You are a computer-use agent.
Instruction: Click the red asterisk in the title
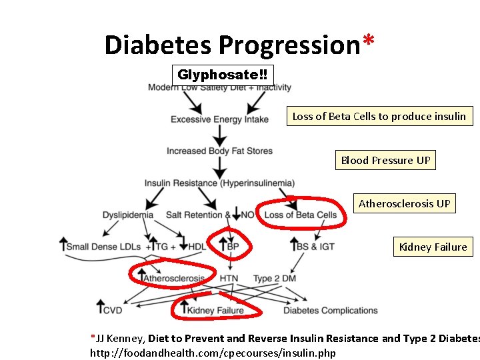368,41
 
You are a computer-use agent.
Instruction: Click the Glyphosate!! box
222,75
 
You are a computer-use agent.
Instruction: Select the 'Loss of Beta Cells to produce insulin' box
379,116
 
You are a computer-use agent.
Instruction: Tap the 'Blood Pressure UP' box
385,160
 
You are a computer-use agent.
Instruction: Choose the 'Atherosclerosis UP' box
404,203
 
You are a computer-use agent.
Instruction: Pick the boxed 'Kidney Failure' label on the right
433,247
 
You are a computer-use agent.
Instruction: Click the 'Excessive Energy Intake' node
219,119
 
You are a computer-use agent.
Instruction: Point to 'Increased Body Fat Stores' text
219,151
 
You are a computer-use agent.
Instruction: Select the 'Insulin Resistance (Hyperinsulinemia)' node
219,183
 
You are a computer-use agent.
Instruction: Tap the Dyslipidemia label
128,215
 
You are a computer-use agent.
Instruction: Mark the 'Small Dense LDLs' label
103,247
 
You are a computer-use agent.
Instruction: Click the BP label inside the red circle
233,247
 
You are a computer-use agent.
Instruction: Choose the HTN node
229,278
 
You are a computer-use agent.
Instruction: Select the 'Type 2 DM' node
275,278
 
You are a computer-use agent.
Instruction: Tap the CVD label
113,310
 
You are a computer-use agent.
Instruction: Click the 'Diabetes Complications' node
331,310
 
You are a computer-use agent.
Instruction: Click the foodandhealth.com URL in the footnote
213,353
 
